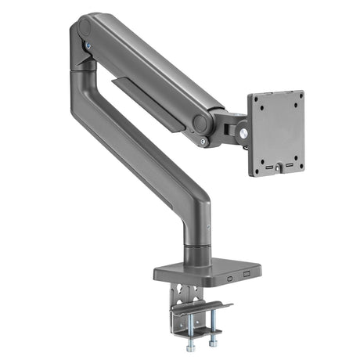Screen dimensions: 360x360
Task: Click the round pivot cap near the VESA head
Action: [202, 124]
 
